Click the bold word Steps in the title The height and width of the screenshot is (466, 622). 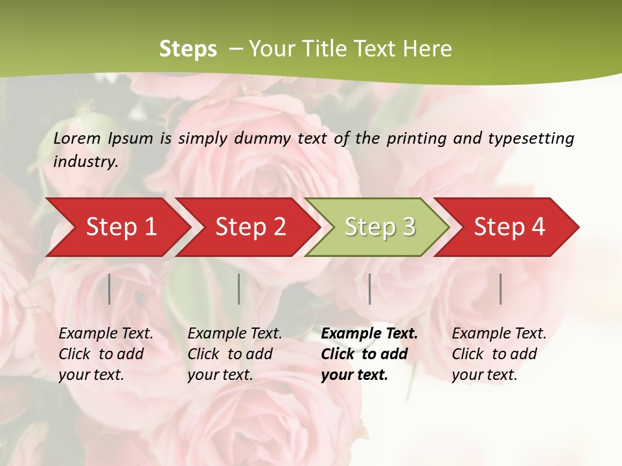point(188,49)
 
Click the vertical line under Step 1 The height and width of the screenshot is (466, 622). point(109,289)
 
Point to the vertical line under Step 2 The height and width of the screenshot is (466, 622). point(239,289)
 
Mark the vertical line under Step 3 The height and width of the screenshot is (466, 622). point(370,289)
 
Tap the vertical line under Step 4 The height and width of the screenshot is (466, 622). point(501,289)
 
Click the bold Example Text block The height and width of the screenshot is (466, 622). point(369,354)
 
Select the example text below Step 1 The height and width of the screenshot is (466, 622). point(106,354)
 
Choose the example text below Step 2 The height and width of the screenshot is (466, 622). point(235,354)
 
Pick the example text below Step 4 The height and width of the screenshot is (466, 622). point(499,354)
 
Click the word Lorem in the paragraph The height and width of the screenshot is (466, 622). point(77,138)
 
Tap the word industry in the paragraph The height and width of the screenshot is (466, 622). point(85,162)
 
